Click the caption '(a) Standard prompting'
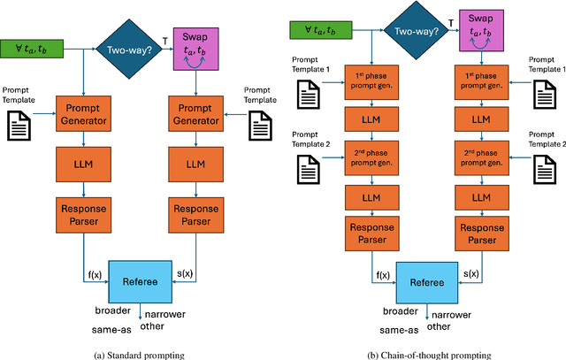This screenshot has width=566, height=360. coord(140,352)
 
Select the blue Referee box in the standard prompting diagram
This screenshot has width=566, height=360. coord(140,282)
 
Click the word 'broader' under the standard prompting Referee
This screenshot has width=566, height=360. coord(114,311)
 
